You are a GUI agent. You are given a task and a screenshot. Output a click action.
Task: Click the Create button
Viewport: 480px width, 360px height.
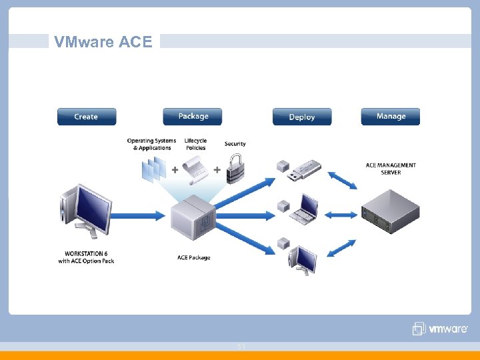point(86,117)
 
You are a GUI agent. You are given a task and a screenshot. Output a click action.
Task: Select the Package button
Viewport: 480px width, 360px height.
point(193,117)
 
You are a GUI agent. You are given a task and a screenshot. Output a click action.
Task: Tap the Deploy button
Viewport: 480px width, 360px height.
point(301,117)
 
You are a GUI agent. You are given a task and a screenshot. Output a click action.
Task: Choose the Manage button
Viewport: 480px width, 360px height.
point(391,117)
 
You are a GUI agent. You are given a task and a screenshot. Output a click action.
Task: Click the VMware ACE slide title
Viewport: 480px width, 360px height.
point(103,42)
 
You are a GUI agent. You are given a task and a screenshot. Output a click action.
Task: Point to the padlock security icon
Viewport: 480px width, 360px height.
point(235,168)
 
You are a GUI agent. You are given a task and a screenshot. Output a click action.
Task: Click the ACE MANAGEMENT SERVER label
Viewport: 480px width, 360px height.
point(391,169)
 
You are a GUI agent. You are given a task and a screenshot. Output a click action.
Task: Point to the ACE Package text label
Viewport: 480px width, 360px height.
point(194,257)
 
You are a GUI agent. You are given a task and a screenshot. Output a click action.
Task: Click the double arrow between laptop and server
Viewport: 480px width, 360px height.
point(343,215)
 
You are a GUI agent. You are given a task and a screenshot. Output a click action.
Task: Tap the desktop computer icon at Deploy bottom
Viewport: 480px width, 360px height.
point(305,259)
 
